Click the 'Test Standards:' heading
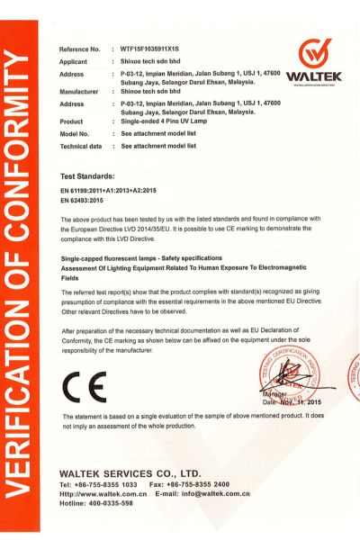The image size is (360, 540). [87, 176]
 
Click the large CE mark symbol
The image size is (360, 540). [85, 387]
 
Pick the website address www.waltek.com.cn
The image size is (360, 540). [106, 494]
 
